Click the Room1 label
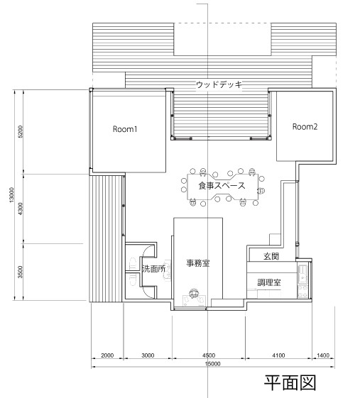(x=125, y=129)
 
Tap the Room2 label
(x=305, y=126)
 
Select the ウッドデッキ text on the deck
(x=219, y=84)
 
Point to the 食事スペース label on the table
(x=222, y=186)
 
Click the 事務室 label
(x=198, y=263)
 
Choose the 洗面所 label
(x=153, y=269)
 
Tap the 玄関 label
(x=271, y=256)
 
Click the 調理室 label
(x=269, y=282)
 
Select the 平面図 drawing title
(x=290, y=383)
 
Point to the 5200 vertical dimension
(x=21, y=131)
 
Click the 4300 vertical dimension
(x=21, y=209)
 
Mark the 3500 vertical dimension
(x=21, y=272)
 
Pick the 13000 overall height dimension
(x=11, y=195)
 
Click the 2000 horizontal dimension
(x=107, y=355)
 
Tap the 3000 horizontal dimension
(x=148, y=355)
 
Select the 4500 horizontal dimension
(x=209, y=355)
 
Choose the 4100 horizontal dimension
(x=278, y=355)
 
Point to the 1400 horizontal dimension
(x=323, y=355)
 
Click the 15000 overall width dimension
(x=212, y=364)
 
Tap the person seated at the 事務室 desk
(x=195, y=294)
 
